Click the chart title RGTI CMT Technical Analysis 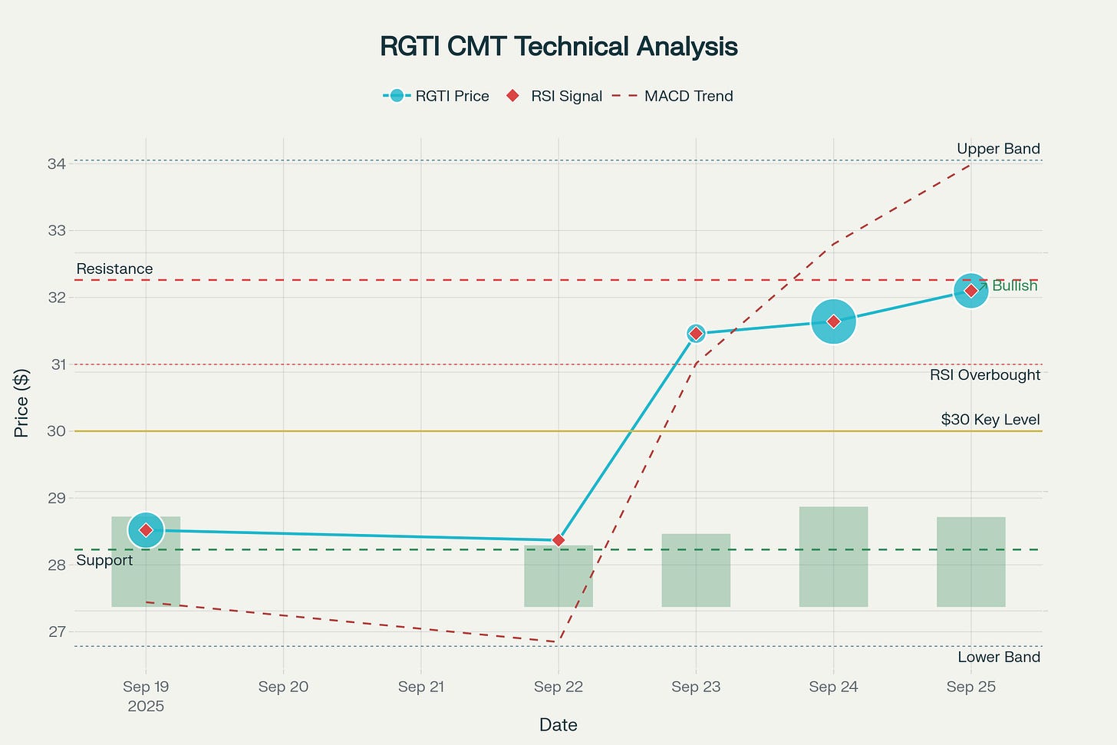[x=558, y=47]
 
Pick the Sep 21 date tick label [x=421, y=687]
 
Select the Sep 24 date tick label [x=833, y=687]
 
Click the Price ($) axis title [x=21, y=403]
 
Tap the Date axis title [x=558, y=724]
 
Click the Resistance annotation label [x=114, y=269]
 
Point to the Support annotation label [x=104, y=561]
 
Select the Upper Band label [x=998, y=149]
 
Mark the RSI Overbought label [x=985, y=375]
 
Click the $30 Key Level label [x=990, y=420]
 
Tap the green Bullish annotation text [x=1014, y=286]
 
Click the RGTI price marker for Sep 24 [x=833, y=321]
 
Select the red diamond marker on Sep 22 [x=558, y=540]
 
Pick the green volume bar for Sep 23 [x=696, y=570]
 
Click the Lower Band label [x=999, y=658]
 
